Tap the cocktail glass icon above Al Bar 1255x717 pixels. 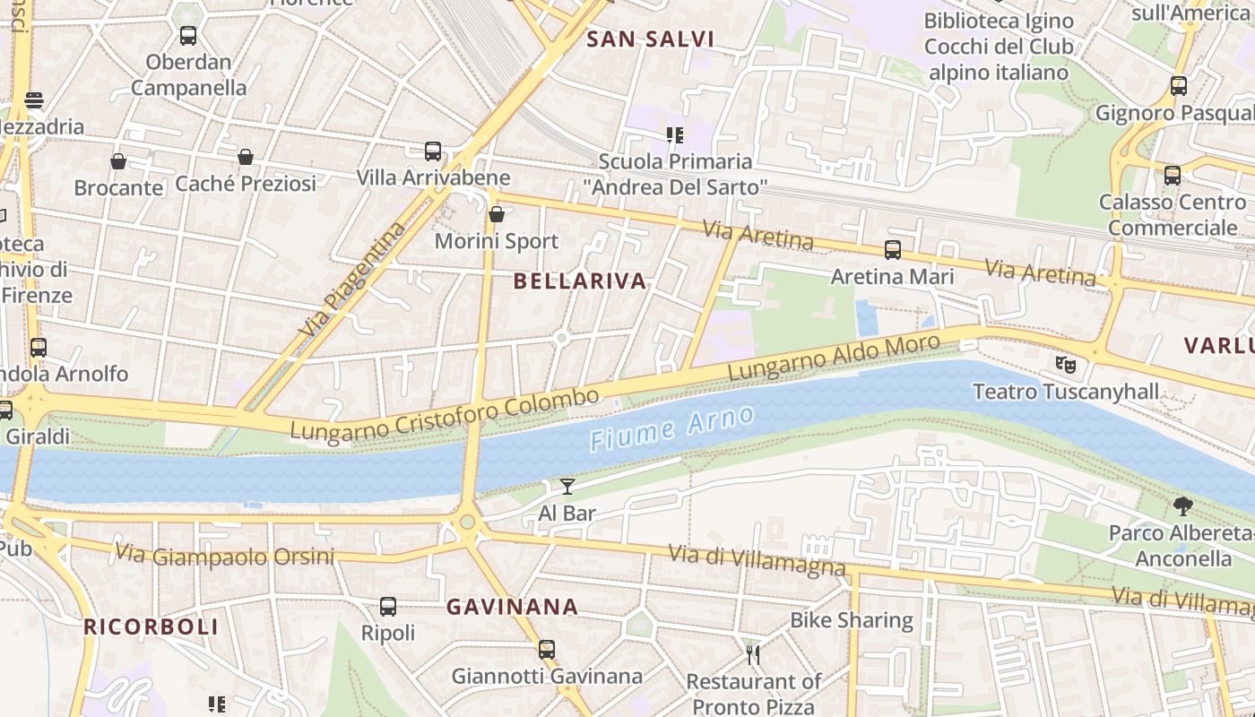567,487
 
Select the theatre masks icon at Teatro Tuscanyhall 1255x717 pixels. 1066,365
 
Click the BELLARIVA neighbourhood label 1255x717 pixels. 580,281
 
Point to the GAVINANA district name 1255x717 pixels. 512,607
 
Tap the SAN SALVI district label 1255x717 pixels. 650,39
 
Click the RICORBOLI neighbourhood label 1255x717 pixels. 151,626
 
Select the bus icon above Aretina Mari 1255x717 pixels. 892,250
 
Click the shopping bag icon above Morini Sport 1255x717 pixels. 496,214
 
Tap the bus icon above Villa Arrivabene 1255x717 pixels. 433,151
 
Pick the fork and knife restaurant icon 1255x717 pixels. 753,655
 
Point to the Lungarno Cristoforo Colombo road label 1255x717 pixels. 445,415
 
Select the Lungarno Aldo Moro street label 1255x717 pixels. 834,357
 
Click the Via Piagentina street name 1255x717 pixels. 352,281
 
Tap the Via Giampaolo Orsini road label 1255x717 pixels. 225,556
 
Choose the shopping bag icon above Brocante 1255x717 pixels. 118,161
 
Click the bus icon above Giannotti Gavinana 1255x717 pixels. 547,650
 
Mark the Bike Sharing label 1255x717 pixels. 851,620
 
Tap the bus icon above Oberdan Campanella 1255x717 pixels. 188,36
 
